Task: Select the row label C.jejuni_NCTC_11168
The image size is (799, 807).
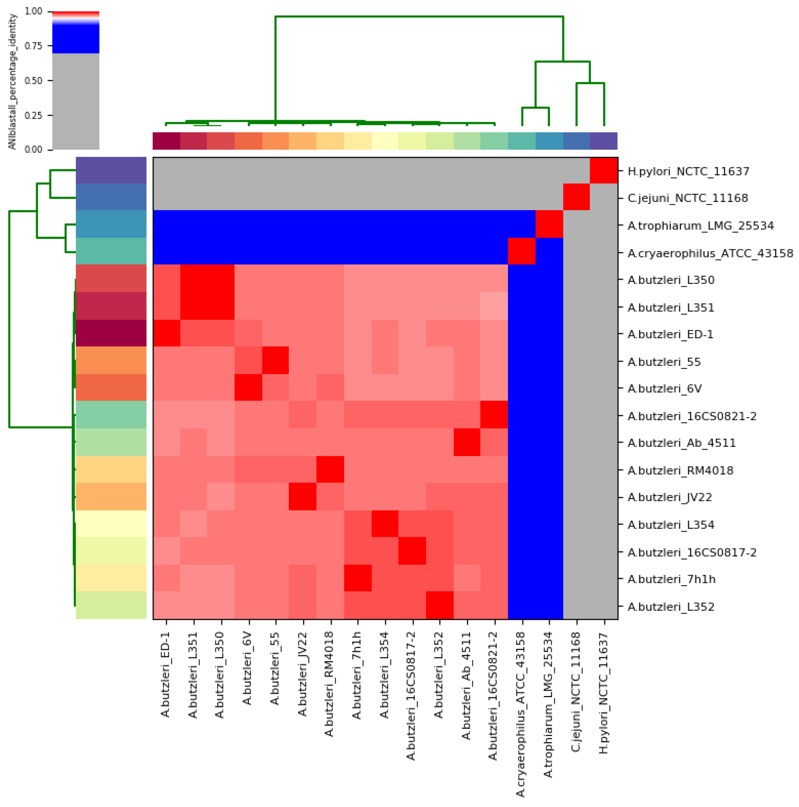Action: click(687, 198)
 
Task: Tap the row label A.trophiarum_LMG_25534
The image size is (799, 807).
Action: click(700, 225)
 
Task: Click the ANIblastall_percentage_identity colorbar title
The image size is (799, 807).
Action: click(12, 81)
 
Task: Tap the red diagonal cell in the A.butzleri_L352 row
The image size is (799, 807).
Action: click(440, 605)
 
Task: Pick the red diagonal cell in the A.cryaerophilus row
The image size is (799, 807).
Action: click(521, 251)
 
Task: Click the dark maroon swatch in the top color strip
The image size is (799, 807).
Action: click(166, 141)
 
